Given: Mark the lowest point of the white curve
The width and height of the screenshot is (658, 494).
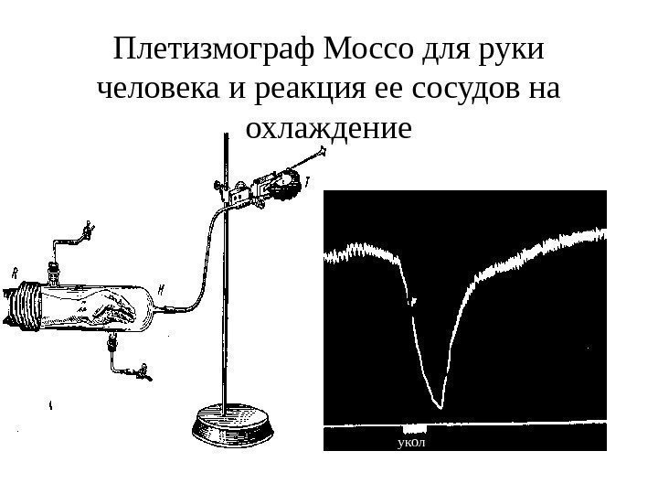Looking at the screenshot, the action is coord(440,406).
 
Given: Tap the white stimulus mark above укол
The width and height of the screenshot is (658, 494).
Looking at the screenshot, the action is coord(416,428).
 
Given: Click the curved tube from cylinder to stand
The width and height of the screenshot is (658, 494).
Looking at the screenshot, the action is coord(196,265).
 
